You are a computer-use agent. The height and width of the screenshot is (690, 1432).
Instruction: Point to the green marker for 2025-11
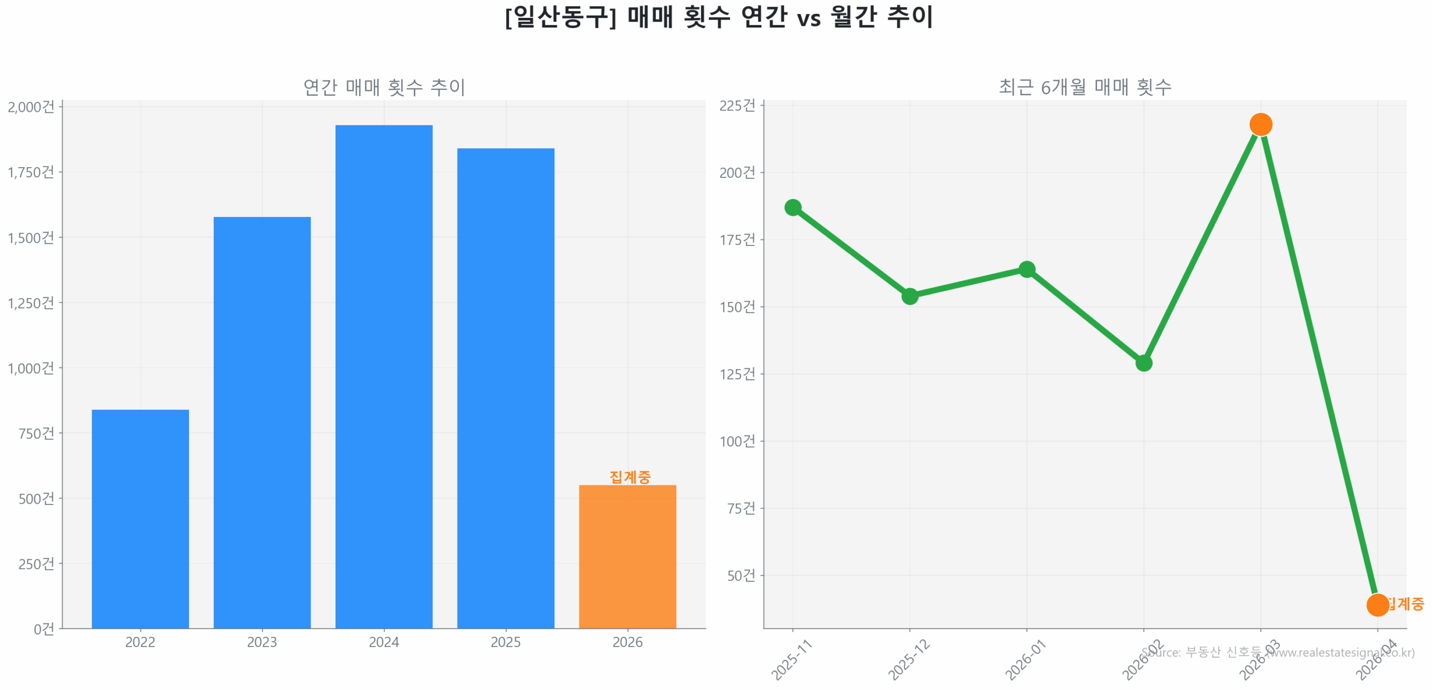pos(792,207)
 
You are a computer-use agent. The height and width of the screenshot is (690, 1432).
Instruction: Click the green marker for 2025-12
pos(909,295)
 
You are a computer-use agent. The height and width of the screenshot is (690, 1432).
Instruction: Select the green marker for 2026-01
pos(1026,269)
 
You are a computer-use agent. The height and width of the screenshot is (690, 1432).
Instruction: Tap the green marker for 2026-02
pos(1143,363)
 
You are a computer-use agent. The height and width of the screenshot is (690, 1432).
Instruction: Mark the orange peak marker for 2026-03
pos(1260,124)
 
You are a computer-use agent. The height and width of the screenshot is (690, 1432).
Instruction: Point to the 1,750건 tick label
pos(31,172)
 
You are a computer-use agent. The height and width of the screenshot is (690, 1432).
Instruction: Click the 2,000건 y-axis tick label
pos(31,106)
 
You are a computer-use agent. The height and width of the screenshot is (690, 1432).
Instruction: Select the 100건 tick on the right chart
pos(737,441)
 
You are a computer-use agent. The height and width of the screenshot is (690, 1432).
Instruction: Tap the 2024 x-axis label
pos(384,641)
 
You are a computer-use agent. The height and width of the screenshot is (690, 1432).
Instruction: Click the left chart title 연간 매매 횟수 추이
pos(384,87)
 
